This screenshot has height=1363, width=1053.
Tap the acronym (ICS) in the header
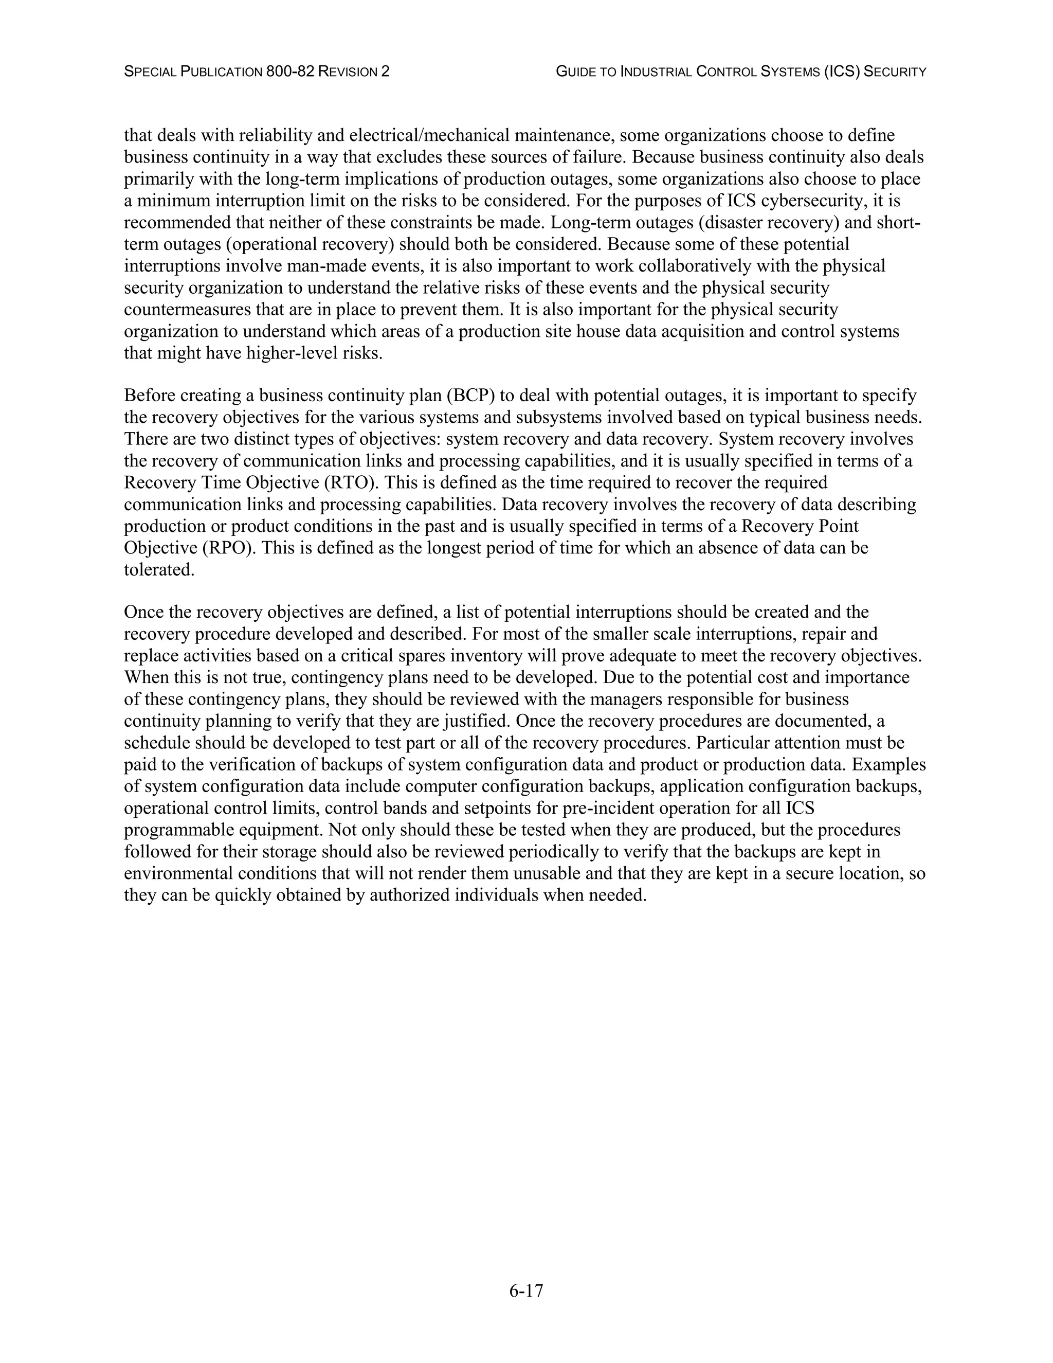pyautogui.click(x=842, y=72)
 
